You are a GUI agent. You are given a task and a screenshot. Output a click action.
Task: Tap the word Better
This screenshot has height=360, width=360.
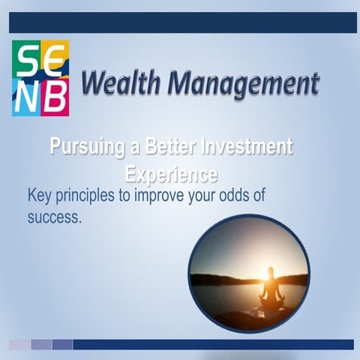click(x=166, y=147)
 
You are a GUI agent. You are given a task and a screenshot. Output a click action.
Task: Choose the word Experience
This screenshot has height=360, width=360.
click(x=171, y=175)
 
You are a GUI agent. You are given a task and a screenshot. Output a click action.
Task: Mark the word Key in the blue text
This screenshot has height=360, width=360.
click(x=39, y=196)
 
